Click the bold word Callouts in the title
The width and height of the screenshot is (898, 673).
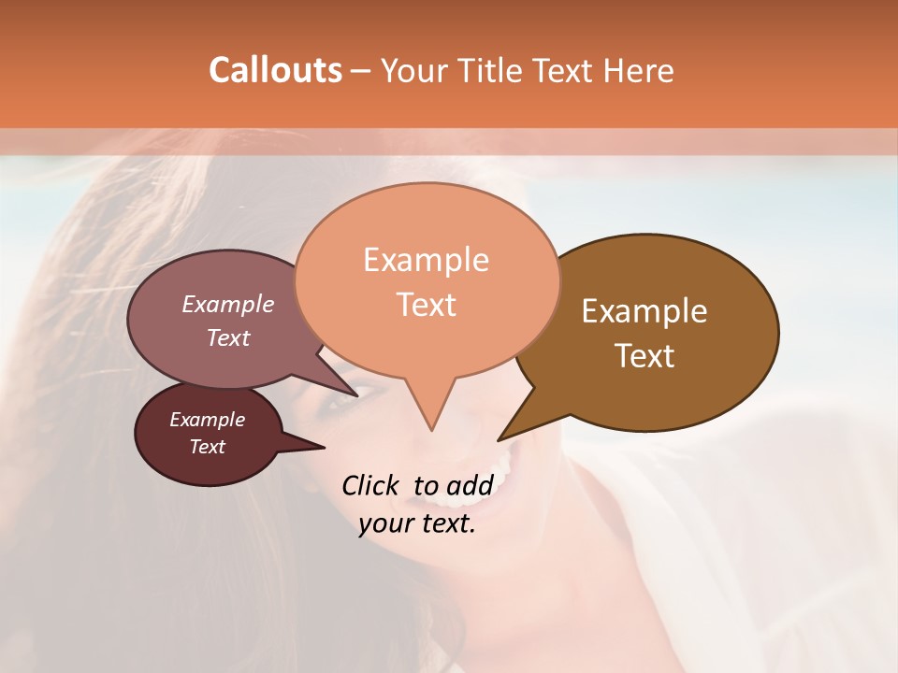pos(275,70)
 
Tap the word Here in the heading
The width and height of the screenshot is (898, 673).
pos(638,70)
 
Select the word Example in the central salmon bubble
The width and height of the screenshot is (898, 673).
pos(426,260)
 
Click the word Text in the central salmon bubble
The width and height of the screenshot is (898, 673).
pos(427,305)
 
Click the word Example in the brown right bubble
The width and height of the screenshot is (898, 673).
pos(645,311)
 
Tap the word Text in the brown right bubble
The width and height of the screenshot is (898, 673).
pos(645,356)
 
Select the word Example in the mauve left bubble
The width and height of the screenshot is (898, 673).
pos(227,304)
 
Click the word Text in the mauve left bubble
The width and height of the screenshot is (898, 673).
pos(227,337)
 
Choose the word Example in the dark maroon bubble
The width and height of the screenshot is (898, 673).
pos(207,420)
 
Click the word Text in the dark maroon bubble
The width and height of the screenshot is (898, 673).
pos(207,447)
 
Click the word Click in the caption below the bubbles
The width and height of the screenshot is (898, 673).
pos(371,485)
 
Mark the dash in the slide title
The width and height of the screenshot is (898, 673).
pos(361,71)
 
